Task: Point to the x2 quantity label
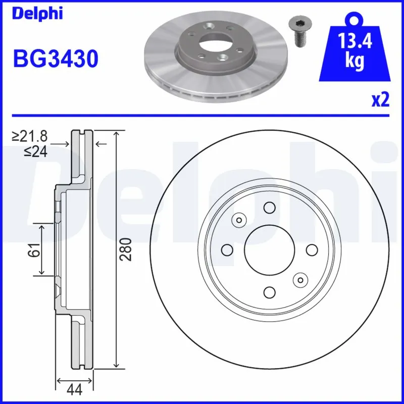(380, 100)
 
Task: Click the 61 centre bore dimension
(33, 249)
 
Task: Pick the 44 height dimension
(74, 389)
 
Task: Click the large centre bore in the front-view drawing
(269, 249)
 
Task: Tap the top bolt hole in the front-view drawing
(269, 208)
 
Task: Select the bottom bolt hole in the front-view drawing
(269, 292)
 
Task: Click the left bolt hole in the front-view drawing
(227, 249)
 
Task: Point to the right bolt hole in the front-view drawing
(312, 249)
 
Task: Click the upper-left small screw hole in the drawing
(238, 220)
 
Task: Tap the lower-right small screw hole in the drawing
(300, 279)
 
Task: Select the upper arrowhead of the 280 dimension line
(117, 134)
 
